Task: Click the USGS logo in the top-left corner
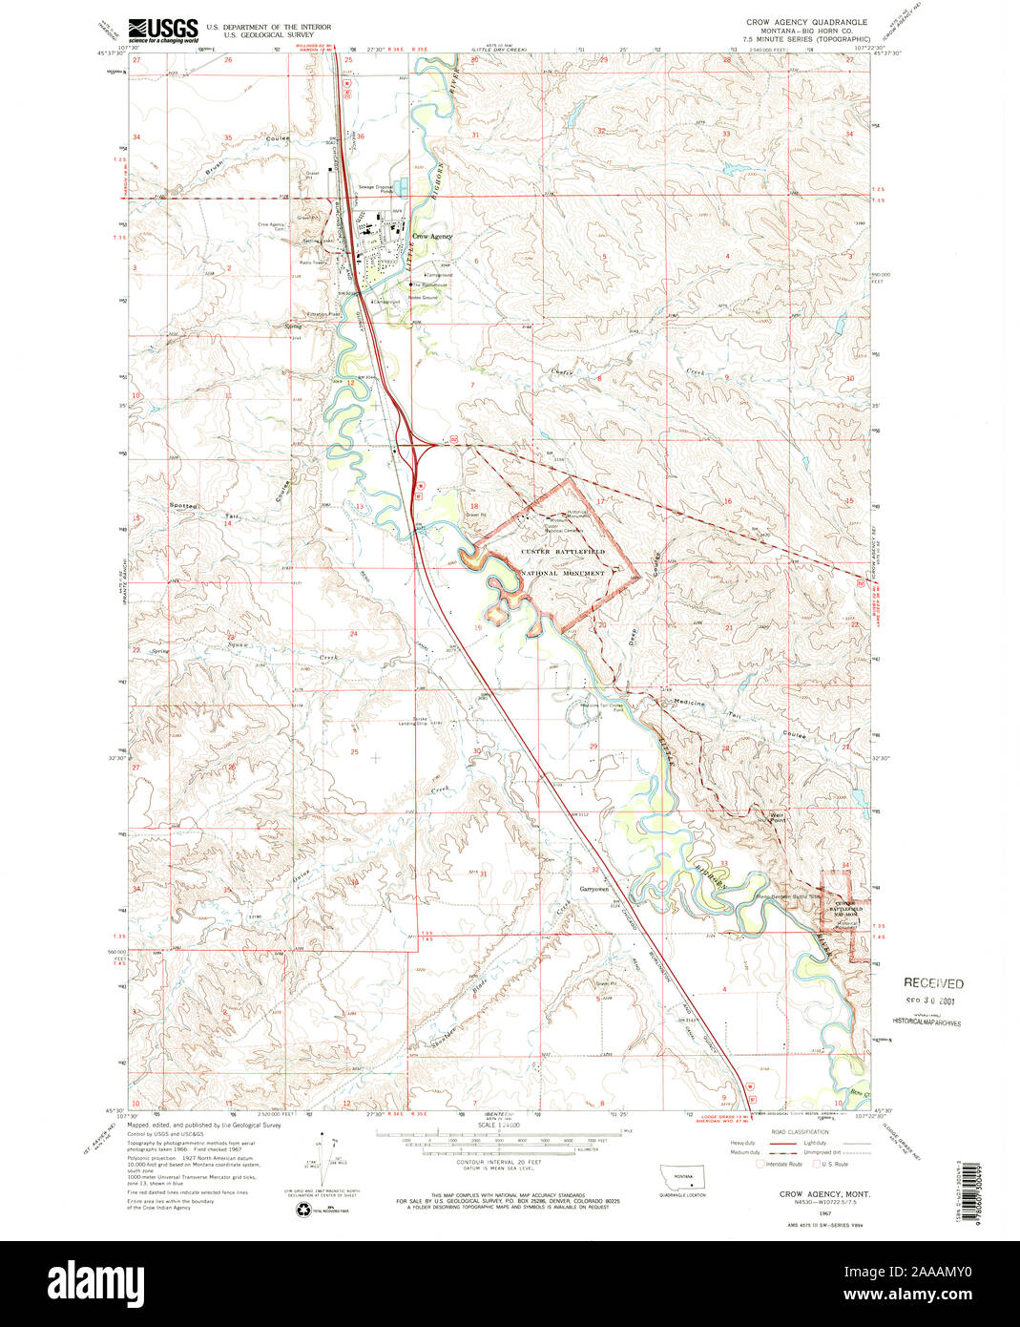pyautogui.click(x=163, y=29)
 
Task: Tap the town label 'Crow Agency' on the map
pyautogui.click(x=432, y=236)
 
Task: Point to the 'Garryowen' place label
pyautogui.click(x=593, y=889)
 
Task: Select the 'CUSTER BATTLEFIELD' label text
pyautogui.click(x=563, y=552)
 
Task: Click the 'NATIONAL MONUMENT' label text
pyautogui.click(x=563, y=573)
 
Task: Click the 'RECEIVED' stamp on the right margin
pyautogui.click(x=933, y=982)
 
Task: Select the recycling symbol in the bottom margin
pyautogui.click(x=303, y=1211)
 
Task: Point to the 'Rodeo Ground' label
pyautogui.click(x=424, y=298)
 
